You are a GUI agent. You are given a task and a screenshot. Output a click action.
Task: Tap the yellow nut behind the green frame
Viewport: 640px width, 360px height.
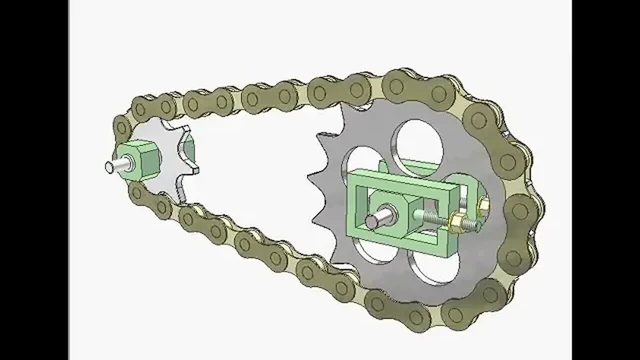[483, 206]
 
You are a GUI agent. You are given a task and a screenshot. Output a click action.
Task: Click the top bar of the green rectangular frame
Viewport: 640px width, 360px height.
[400, 180]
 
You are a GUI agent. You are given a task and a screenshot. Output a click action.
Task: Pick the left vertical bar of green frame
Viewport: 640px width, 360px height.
[355, 205]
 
